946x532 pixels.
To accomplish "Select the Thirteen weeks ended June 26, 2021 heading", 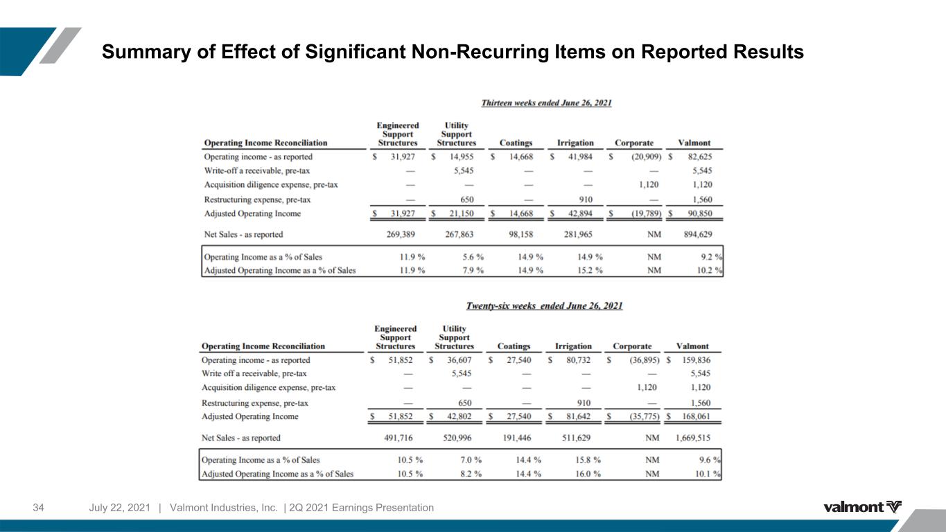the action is point(547,103).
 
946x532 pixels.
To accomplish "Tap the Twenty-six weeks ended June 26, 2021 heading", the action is point(544,305).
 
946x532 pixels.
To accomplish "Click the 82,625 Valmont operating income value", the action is point(700,157).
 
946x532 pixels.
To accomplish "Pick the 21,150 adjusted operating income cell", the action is point(461,213).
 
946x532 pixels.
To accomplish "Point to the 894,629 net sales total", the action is point(698,234).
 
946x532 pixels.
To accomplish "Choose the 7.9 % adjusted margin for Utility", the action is point(473,270).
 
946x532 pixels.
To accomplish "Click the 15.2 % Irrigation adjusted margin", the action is point(590,270).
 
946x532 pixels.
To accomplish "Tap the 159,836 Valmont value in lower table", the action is point(696,360).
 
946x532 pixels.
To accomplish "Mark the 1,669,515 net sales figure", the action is point(692,438).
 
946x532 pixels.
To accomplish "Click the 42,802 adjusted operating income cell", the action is point(459,416).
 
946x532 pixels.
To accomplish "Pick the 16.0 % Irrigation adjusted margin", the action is point(588,474).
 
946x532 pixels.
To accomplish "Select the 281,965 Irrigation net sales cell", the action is point(578,234).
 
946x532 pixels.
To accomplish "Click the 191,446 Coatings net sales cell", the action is point(517,438).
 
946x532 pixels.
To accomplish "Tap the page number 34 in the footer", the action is point(38,508).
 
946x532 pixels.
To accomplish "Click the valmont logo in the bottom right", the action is point(862,506).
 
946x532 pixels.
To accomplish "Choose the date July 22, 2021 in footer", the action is point(119,508).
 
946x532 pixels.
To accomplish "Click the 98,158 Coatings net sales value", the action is point(521,234).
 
